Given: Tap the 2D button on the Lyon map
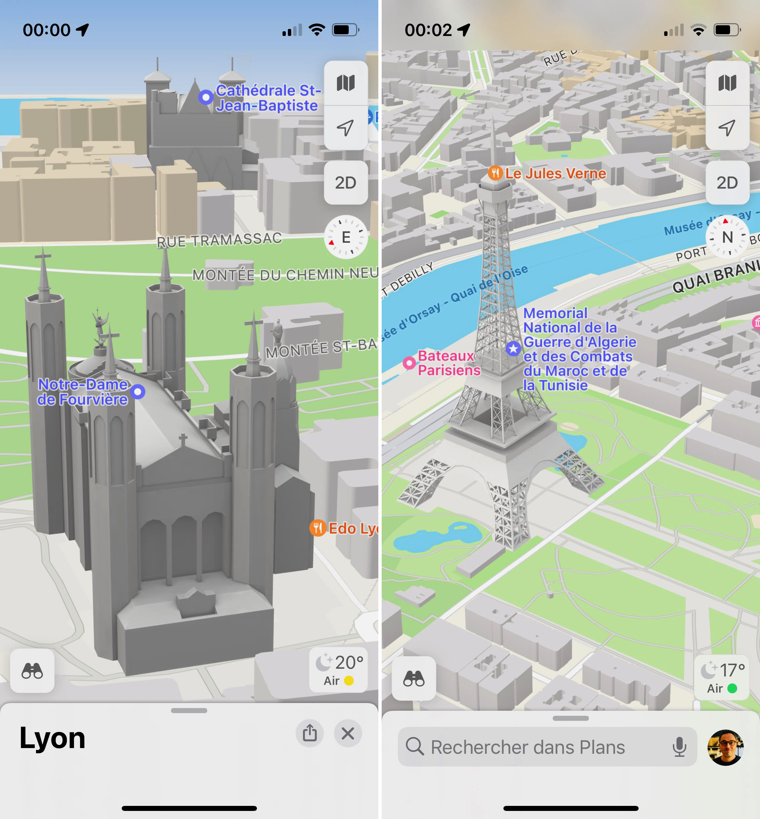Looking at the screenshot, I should click(345, 183).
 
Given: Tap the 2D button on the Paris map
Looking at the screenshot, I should click(727, 183).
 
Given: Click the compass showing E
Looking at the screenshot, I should click(345, 237).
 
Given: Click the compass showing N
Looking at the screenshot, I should click(727, 237).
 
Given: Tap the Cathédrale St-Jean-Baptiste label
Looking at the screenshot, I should click(267, 98).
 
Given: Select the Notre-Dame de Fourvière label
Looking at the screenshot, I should click(83, 392).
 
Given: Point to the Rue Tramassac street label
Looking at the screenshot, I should click(219, 240).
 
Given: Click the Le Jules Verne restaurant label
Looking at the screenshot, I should click(555, 173).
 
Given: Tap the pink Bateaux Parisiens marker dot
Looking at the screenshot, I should click(409, 363).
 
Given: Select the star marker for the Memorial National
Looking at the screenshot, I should click(513, 349).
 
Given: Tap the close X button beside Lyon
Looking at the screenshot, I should click(347, 733).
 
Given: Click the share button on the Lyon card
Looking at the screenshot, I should click(310, 733).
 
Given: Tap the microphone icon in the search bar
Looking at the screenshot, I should click(679, 747).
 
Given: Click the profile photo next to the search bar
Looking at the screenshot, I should click(725, 747).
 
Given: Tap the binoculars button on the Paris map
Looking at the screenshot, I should click(414, 678).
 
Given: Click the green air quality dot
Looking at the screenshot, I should click(732, 688).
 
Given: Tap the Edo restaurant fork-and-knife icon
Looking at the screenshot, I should click(318, 528).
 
